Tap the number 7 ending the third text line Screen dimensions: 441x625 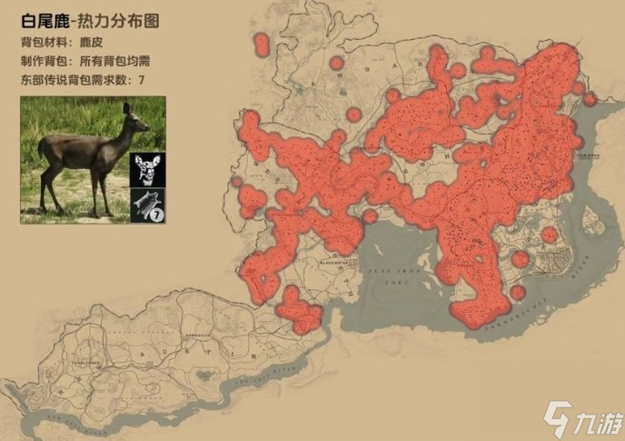point(142,81)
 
